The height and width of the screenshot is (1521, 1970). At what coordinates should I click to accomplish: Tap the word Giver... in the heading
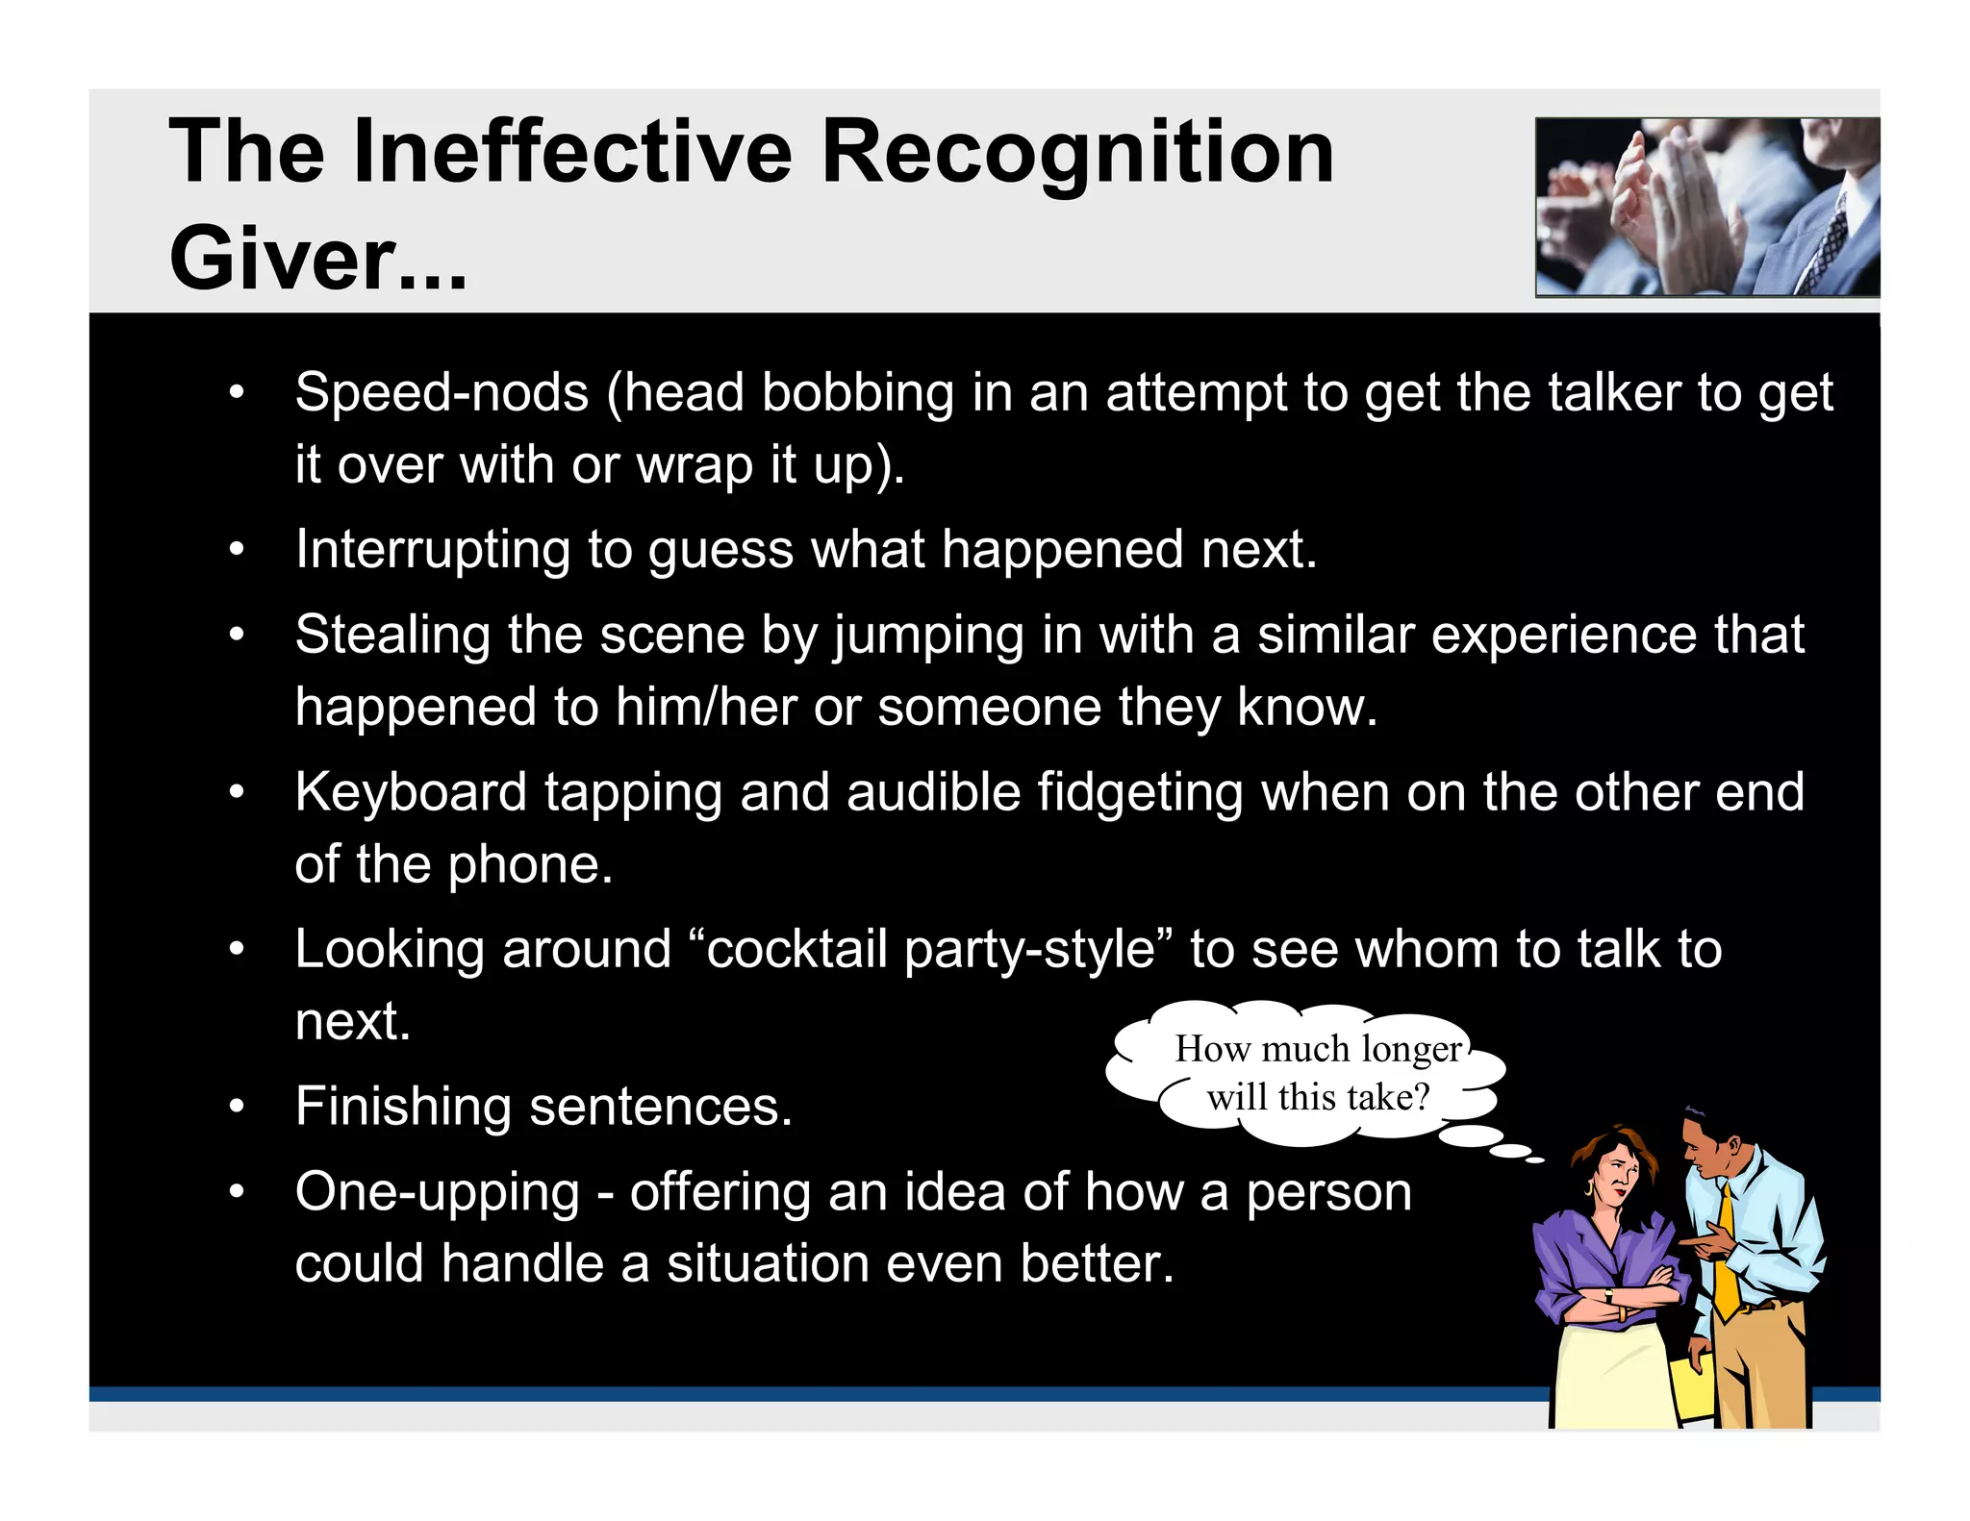pos(317,258)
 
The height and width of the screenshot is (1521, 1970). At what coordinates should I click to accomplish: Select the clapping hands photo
pos(1706,207)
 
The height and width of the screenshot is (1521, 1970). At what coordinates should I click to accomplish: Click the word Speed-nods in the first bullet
pos(442,392)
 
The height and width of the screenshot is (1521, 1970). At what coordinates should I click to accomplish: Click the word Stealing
pos(392,635)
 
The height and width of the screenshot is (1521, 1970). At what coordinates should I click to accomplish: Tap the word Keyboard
pos(411,792)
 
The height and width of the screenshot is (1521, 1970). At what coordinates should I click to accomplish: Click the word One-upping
pos(438,1192)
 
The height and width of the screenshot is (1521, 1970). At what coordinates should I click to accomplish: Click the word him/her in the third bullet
pos(706,707)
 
